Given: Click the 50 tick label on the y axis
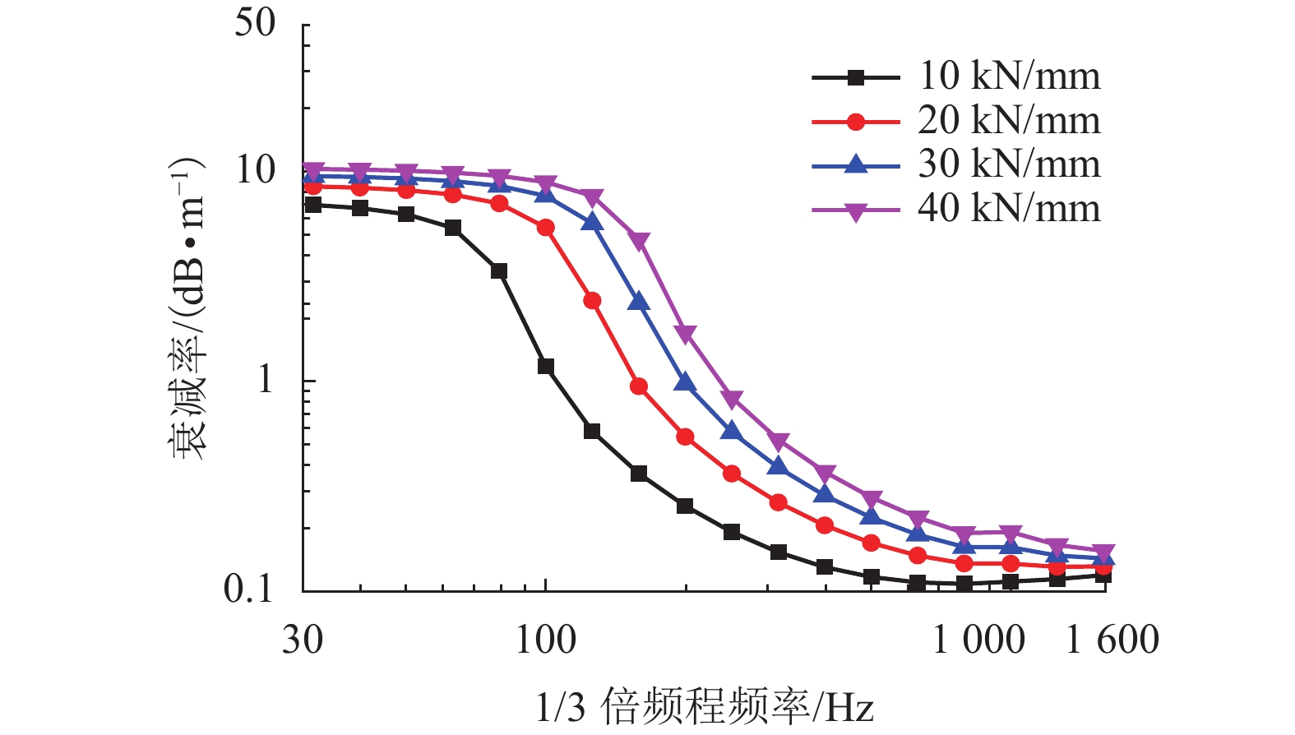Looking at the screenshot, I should click(255, 22).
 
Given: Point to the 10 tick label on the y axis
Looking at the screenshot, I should click(255, 169).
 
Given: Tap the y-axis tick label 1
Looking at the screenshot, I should click(265, 379).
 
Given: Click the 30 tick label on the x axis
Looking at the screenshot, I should click(303, 640).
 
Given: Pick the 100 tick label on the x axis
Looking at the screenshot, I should click(546, 640).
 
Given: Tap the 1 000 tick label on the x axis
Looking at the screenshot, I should click(978, 640).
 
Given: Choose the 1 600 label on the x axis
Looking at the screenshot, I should click(1112, 640).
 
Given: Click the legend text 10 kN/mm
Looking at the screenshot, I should click(1009, 76).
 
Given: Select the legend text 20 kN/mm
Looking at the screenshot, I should click(1009, 121).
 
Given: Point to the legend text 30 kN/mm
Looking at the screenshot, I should click(1009, 164).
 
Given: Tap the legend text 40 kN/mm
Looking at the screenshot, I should click(1009, 209).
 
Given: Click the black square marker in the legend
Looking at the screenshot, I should click(856, 78).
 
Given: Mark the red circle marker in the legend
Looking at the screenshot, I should click(856, 122).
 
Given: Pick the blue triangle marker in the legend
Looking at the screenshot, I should click(856, 165).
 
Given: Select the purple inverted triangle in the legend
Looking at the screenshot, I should click(856, 212).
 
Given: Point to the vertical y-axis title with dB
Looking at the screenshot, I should click(189, 308).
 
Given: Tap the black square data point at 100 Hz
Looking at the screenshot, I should click(546, 367).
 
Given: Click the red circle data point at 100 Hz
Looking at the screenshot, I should click(546, 228).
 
